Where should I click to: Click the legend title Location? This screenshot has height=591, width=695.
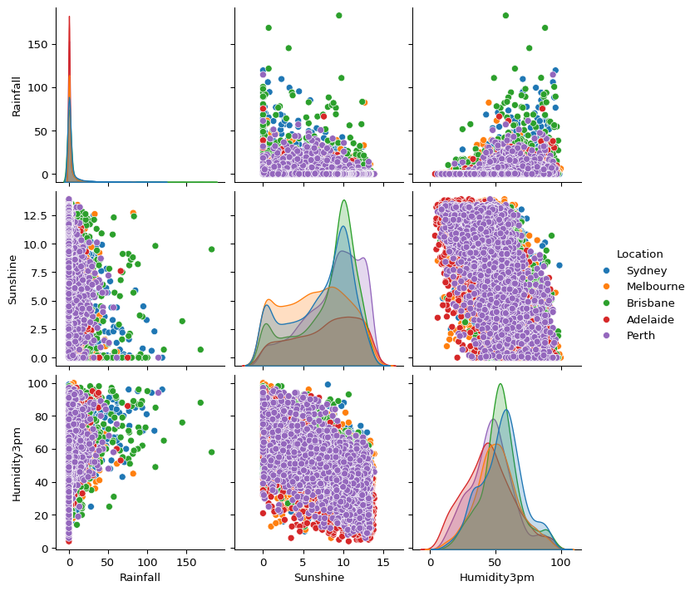(639, 254)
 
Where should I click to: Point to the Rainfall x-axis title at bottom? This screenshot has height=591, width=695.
(140, 577)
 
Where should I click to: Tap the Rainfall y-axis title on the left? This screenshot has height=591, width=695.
(17, 96)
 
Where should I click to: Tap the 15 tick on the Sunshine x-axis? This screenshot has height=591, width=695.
(383, 563)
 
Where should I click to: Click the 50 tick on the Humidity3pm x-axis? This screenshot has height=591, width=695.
(495, 563)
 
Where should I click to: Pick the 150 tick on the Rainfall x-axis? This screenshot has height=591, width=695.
(187, 563)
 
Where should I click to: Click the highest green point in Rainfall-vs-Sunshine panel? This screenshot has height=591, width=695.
(338, 15)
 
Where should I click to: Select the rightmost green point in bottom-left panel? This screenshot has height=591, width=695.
(211, 452)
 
